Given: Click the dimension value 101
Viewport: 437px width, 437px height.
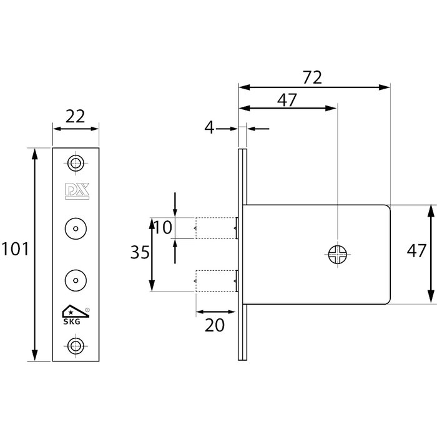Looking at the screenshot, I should tap(15, 249).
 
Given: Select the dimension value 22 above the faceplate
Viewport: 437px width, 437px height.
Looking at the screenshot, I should tap(74, 116).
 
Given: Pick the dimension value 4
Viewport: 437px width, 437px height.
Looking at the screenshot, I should tap(209, 128).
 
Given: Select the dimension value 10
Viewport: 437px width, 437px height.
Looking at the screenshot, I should tap(162, 228).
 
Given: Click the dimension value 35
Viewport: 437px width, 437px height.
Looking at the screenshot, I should tap(139, 253).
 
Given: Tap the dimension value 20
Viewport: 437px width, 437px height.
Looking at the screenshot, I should tap(215, 324).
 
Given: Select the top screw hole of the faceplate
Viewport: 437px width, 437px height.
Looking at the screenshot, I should tap(76, 164).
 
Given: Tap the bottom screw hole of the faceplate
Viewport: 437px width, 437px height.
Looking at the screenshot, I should tap(76, 345).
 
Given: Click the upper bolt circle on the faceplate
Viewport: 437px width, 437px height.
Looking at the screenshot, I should tap(76, 228).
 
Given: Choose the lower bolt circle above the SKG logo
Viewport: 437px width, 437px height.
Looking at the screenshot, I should tap(76, 277).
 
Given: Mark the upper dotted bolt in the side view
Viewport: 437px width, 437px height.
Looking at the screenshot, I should tap(216, 227).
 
